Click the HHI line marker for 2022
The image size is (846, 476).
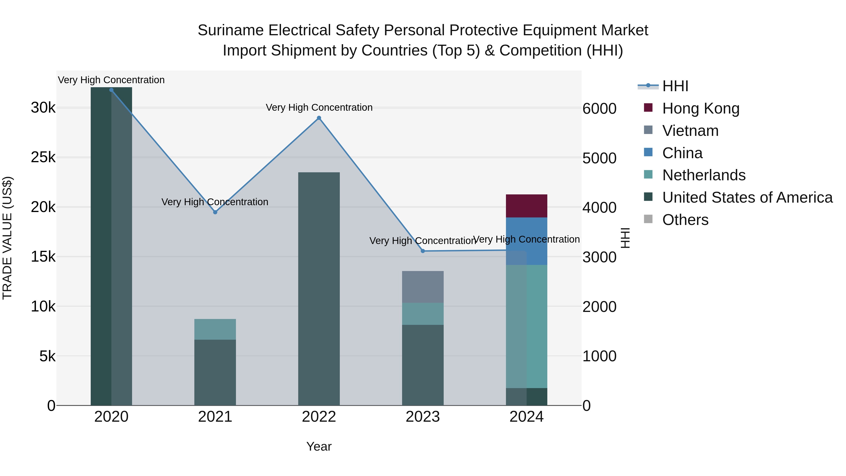point(319,118)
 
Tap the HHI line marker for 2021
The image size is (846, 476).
point(215,212)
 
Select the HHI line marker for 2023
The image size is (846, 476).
point(423,251)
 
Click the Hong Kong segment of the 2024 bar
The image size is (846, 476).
point(526,206)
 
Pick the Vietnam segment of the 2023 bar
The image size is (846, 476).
point(423,287)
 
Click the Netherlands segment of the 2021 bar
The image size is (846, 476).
point(215,329)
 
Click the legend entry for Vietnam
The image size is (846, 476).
point(690,131)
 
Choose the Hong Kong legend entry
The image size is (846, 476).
point(701,108)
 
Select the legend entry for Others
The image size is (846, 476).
point(685,220)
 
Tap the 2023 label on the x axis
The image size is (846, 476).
point(423,417)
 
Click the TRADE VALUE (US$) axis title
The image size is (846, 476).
point(7,238)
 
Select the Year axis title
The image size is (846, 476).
point(319,446)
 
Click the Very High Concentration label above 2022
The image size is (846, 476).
point(319,107)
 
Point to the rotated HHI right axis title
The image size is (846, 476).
point(625,238)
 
